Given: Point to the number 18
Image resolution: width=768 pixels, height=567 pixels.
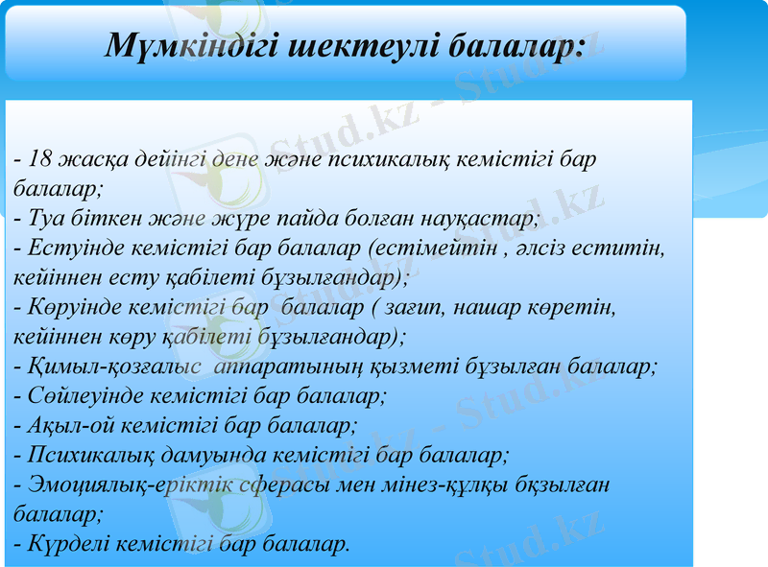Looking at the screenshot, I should point(40,158).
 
